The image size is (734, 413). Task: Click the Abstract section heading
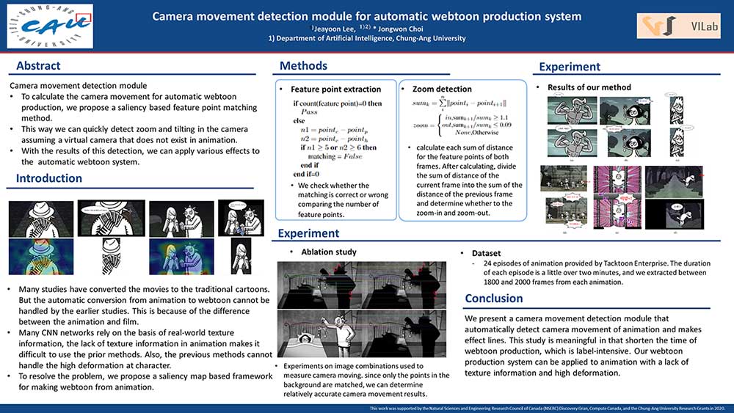(x=38, y=66)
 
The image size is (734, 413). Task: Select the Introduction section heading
(x=49, y=178)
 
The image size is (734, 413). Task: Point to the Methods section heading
(x=303, y=67)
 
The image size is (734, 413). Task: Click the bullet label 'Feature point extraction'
(x=336, y=89)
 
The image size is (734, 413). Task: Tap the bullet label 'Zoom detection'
(x=442, y=89)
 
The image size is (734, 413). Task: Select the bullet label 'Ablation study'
(x=329, y=252)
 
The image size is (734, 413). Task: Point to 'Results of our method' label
(x=589, y=87)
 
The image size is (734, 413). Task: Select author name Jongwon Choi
(x=403, y=29)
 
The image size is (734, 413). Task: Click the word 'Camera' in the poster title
(x=177, y=15)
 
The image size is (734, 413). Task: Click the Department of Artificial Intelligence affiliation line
(x=367, y=38)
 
